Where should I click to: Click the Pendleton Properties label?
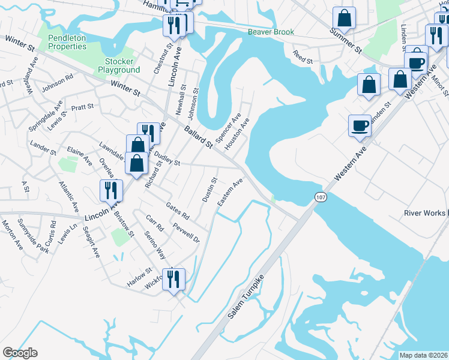(67, 41)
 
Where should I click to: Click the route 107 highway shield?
(319, 197)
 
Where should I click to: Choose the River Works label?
(424, 213)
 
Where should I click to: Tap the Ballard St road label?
(199, 137)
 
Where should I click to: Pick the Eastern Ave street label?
(230, 193)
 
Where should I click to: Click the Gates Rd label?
(178, 211)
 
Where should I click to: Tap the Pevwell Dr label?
(185, 231)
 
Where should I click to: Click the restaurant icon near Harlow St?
(173, 279)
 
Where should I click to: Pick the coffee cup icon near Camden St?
(360, 125)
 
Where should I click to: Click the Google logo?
(20, 353)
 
